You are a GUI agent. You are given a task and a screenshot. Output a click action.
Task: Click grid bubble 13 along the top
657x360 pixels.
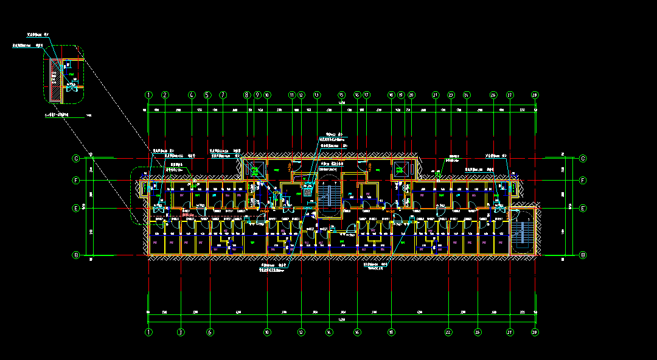pyautogui.click(x=316, y=95)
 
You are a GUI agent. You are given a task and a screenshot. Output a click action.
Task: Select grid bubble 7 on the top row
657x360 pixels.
pyautogui.click(x=223, y=95)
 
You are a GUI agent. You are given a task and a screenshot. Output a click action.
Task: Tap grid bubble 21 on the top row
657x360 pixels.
pyautogui.click(x=436, y=95)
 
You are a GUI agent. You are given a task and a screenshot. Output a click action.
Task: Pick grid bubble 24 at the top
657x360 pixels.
pyautogui.click(x=466, y=95)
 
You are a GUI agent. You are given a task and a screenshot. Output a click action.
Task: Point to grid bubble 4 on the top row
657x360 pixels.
pyautogui.click(x=192, y=95)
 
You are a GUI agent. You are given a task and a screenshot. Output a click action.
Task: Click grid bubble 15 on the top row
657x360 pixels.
pyautogui.click(x=341, y=95)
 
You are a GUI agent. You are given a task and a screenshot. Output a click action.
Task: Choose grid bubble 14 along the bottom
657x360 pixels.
pyautogui.click(x=329, y=332)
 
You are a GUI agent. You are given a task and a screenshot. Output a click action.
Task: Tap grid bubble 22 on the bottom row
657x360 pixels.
pyautogui.click(x=448, y=332)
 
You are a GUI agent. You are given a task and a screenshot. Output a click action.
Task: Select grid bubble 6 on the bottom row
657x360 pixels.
pyautogui.click(x=210, y=332)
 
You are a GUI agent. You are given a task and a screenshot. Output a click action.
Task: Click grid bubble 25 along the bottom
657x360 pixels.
pyautogui.click(x=478, y=332)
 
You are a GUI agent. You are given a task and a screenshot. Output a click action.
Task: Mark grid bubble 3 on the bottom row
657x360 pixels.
pyautogui.click(x=180, y=332)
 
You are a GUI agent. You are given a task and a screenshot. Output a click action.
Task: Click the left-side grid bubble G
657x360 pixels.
pyautogui.click(x=77, y=159)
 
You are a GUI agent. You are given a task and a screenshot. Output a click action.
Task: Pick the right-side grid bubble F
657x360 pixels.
pyautogui.click(x=583, y=181)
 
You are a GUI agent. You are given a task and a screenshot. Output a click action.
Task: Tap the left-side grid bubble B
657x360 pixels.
pyautogui.click(x=77, y=255)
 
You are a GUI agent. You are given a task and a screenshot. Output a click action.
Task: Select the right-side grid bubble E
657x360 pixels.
pyautogui.click(x=583, y=208)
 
